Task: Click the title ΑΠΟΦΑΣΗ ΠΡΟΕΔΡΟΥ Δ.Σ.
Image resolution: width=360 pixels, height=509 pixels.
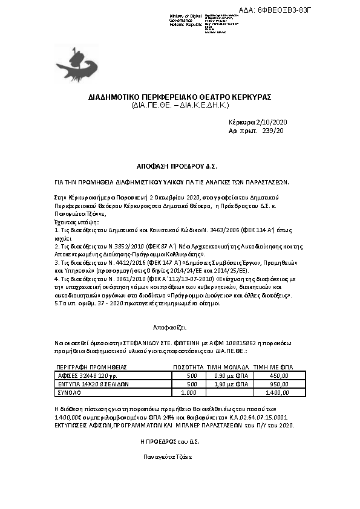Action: pyautogui.click(x=176, y=165)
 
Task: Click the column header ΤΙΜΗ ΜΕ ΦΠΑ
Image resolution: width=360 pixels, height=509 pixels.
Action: pyautogui.click(x=272, y=367)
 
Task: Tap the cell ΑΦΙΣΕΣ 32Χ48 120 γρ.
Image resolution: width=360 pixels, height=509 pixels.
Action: pyautogui.click(x=84, y=375)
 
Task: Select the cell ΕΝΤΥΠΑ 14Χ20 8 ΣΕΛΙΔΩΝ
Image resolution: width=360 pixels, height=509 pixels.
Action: pyautogui.click(x=91, y=384)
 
